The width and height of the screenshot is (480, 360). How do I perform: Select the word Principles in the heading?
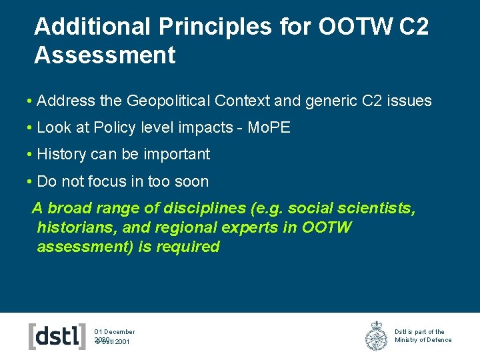tap(215, 27)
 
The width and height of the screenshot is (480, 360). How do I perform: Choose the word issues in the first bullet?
tap(408, 101)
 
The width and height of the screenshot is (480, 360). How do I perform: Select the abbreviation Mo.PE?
tap(269, 128)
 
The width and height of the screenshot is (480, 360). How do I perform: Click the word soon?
tap(191, 181)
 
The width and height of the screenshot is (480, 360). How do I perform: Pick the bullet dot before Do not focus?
tap(30, 181)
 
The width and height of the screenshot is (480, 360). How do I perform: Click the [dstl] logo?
tap(57, 336)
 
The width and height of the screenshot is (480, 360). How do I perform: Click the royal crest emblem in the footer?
tap(376, 336)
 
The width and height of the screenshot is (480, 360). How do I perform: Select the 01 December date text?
tap(115, 331)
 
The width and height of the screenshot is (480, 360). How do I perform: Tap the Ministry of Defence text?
tap(423, 340)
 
